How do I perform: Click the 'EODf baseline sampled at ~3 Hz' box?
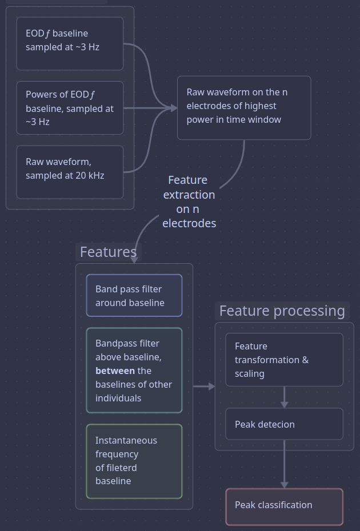tap(70, 43)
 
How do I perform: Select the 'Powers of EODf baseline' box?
tap(70, 108)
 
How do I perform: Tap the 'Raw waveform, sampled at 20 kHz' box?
tap(70, 172)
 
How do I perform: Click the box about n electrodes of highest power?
tap(244, 107)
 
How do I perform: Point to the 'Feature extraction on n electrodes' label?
tap(189, 202)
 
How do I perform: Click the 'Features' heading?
tap(108, 252)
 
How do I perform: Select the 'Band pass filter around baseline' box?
tap(134, 295)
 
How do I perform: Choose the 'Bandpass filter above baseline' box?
tap(134, 370)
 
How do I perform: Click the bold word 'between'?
tap(115, 371)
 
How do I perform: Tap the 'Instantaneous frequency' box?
tap(134, 461)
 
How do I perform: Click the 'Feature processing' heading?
tap(282, 311)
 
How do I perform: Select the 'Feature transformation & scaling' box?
tap(284, 360)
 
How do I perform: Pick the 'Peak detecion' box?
tap(284, 424)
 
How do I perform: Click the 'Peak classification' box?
tap(284, 506)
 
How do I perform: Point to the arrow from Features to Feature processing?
tap(204, 387)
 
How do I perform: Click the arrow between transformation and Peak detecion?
tap(284, 397)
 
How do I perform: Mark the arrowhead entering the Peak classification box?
tap(284, 485)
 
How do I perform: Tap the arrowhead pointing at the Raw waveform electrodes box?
tap(173, 108)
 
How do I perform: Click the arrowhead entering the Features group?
tap(134, 259)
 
